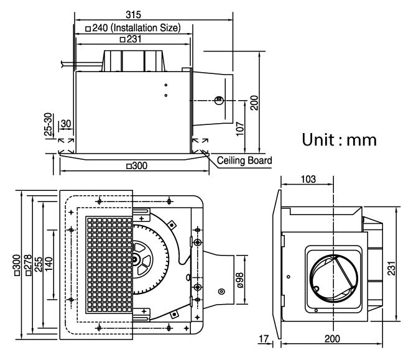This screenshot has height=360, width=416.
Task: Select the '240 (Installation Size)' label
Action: [x=133, y=27]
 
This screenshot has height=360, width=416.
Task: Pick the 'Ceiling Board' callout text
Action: [x=244, y=160]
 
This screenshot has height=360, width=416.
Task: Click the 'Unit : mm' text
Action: [x=339, y=139]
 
